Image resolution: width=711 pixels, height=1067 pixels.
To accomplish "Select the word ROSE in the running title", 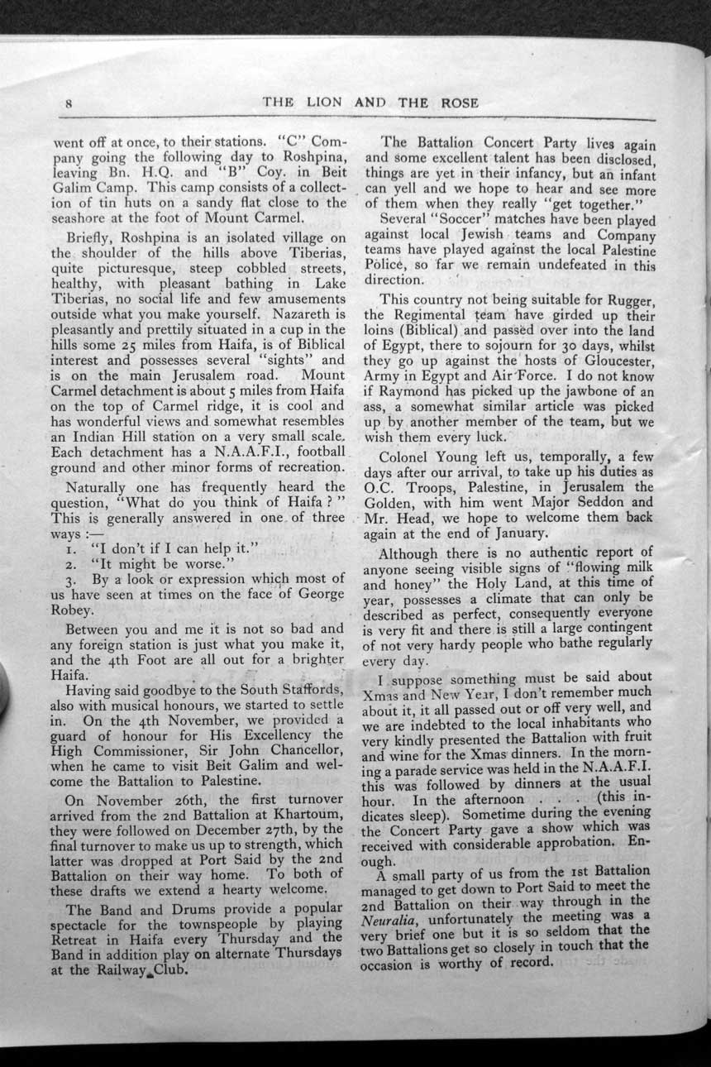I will pyautogui.click(x=454, y=103).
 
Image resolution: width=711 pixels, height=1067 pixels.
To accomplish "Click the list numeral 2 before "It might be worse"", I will pyautogui.click(x=73, y=565).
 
